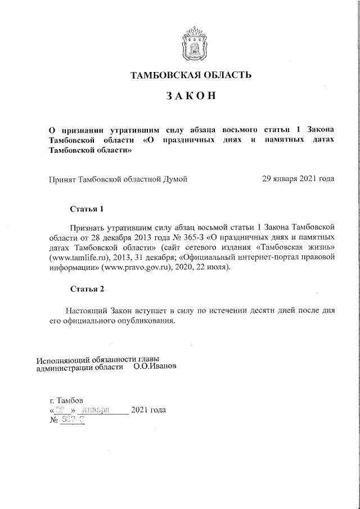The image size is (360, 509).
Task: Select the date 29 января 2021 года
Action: point(298,179)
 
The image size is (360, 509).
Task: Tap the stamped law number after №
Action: point(73,420)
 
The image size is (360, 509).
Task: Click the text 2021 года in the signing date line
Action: point(148,410)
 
